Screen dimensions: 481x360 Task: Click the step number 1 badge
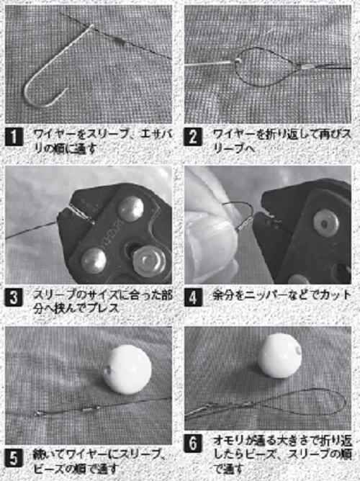pos(14,136)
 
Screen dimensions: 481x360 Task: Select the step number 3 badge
pos(14,298)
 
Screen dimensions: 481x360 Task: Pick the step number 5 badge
pos(14,457)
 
